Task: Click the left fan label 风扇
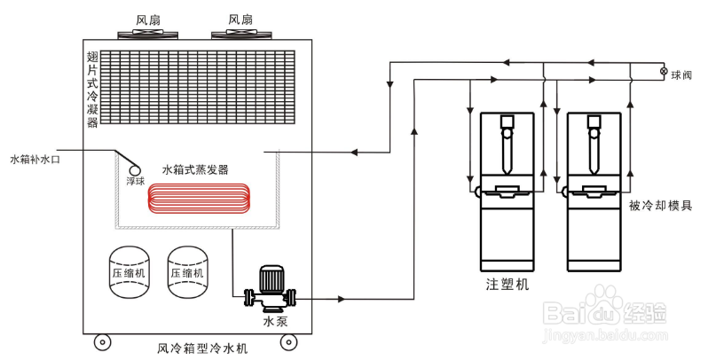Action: pos(149,19)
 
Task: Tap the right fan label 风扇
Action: pos(240,19)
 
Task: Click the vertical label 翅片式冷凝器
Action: pos(92,90)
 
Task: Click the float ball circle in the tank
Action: pos(134,166)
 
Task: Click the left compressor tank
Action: pos(132,272)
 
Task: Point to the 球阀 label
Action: pos(683,74)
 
